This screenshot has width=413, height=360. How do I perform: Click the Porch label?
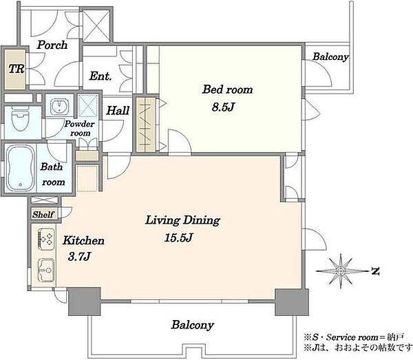[x=52, y=45]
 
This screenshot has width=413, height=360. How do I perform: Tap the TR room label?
[x=17, y=69]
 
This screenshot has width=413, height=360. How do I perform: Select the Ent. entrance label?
[x=100, y=76]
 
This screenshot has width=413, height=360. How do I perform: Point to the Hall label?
[x=118, y=110]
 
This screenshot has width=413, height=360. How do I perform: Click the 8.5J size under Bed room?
[x=223, y=107]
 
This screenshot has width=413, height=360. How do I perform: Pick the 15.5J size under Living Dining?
[x=178, y=237]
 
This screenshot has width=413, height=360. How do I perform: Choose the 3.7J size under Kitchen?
[x=79, y=256]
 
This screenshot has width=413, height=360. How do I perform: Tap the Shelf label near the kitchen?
[x=43, y=214]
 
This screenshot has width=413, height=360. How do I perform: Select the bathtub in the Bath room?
[x=21, y=168]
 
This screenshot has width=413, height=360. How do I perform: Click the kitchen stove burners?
[x=46, y=239]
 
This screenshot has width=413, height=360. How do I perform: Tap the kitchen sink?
[x=46, y=270]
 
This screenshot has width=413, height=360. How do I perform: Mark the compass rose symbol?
[x=341, y=271]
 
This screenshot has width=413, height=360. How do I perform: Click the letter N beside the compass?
[x=375, y=271]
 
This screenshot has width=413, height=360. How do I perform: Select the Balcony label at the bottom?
[x=193, y=325]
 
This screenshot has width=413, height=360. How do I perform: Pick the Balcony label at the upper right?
[x=330, y=56]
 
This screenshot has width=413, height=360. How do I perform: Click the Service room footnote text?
[x=354, y=337]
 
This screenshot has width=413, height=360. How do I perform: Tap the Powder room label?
[x=79, y=128]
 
